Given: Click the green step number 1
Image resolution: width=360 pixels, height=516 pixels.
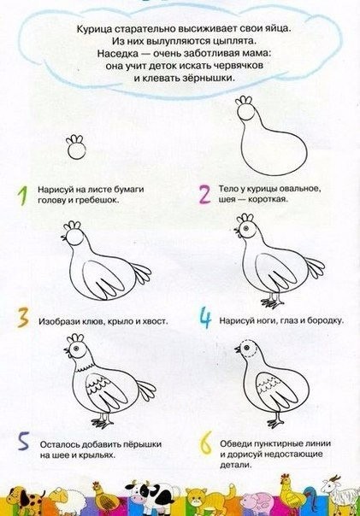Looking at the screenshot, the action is [23, 196].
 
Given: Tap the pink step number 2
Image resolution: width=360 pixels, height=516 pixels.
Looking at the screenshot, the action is [204, 194].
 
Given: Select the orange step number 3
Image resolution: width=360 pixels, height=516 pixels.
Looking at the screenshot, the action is [23, 318].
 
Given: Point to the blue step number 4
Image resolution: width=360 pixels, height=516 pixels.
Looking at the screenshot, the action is [205, 318].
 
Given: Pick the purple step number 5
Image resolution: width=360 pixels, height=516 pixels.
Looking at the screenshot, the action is [24, 441].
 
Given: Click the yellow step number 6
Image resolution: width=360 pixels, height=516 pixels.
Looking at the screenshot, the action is [205, 443].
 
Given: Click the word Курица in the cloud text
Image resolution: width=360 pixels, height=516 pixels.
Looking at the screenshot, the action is [94, 29].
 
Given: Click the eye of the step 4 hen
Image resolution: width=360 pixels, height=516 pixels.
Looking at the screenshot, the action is [245, 228].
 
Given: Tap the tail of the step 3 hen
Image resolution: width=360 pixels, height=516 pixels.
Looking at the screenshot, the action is [141, 272].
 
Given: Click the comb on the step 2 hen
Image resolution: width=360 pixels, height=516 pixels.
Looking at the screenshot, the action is [244, 100].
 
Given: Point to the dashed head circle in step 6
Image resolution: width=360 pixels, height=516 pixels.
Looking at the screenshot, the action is [250, 349].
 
